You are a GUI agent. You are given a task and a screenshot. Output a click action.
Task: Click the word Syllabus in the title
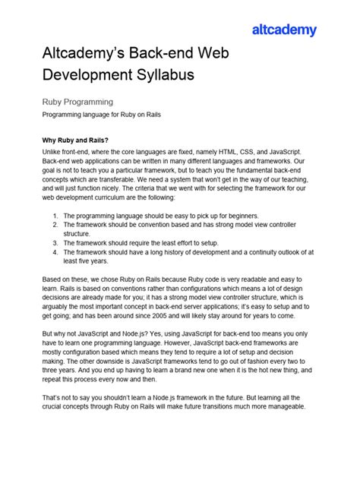click(x=162, y=74)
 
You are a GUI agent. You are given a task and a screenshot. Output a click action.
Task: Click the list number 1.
click(x=56, y=216)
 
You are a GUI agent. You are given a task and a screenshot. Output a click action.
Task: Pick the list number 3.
click(x=56, y=243)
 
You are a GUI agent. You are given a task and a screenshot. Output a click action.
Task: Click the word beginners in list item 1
click(x=237, y=216)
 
